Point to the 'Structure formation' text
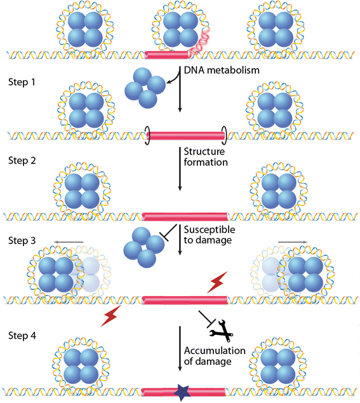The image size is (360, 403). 205,157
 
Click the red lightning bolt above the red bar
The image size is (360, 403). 216,282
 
